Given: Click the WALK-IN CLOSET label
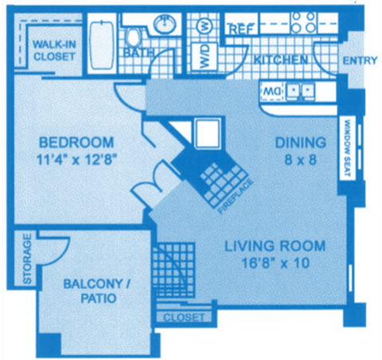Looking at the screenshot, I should pyautogui.click(x=54, y=50).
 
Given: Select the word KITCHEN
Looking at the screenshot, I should pyautogui.click(x=281, y=60).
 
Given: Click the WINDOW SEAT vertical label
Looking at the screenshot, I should pyautogui.click(x=347, y=148).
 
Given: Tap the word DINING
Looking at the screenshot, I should pyautogui.click(x=300, y=143).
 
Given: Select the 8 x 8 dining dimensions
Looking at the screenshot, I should pyautogui.click(x=301, y=160).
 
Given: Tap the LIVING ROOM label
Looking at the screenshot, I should pyautogui.click(x=274, y=246).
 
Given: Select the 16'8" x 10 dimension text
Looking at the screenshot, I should pyautogui.click(x=274, y=264).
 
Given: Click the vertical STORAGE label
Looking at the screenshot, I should pyautogui.click(x=27, y=259).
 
